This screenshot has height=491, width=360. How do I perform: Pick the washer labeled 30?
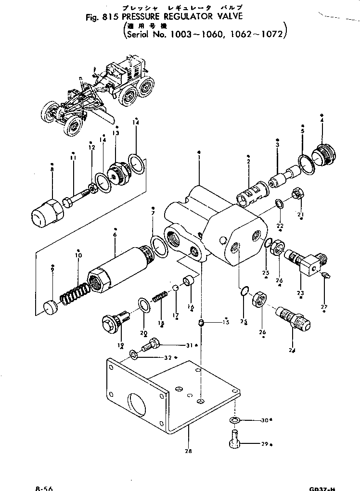click(235, 420)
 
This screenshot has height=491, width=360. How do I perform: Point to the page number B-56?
click(44, 488)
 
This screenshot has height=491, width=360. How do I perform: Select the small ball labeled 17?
click(176, 288)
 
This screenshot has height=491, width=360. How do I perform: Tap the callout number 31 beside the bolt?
click(188, 344)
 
